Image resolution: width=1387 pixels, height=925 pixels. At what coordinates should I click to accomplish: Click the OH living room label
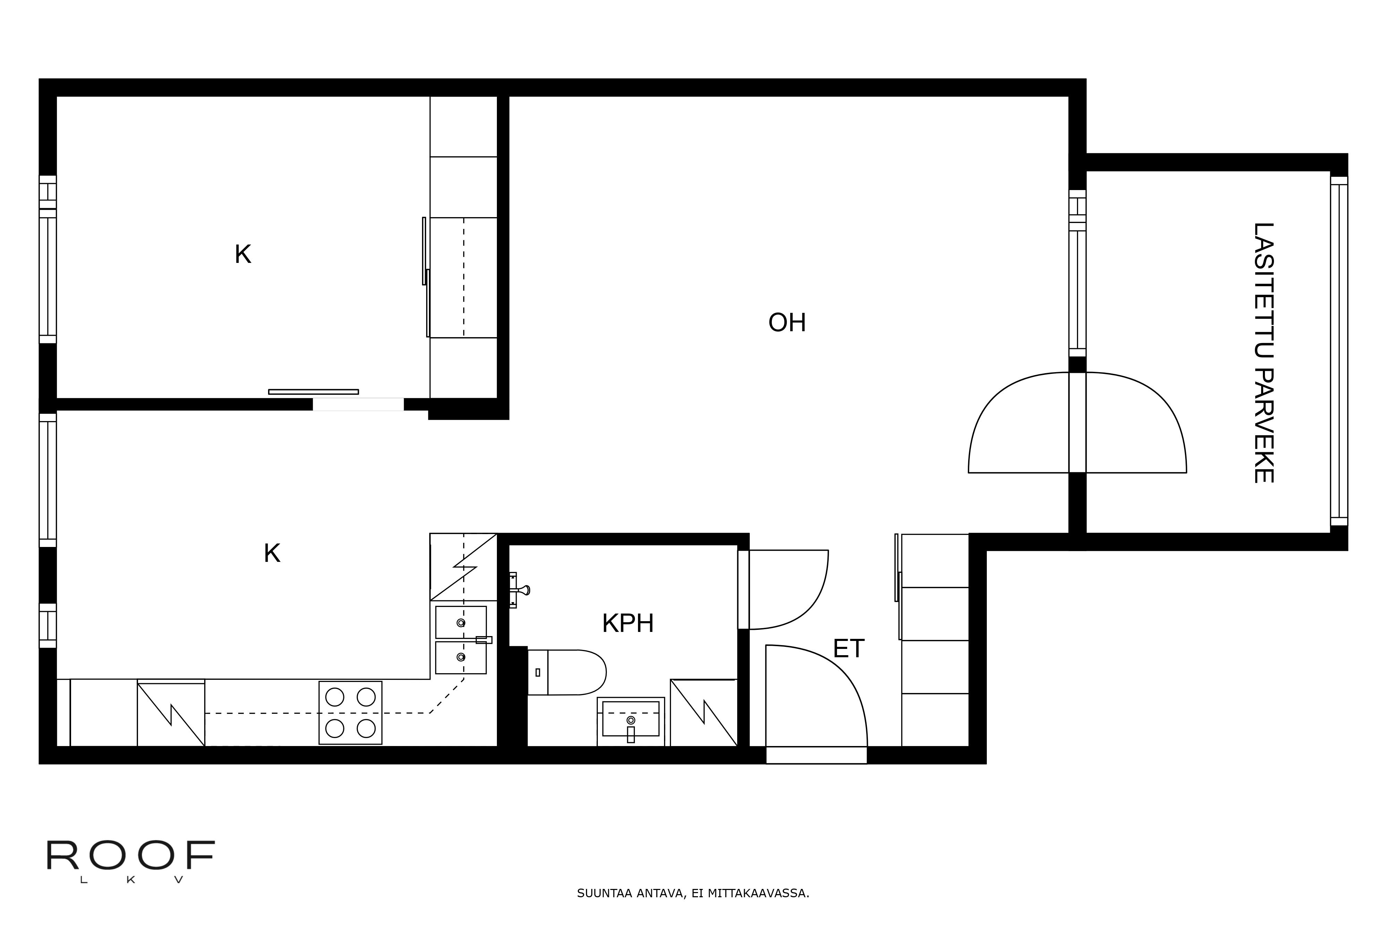click(x=787, y=323)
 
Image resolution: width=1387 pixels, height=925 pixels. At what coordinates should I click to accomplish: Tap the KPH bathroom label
click(x=628, y=624)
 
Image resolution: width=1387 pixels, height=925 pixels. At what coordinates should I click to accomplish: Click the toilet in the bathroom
click(x=567, y=673)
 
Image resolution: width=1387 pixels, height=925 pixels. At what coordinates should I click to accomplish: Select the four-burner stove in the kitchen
click(x=350, y=713)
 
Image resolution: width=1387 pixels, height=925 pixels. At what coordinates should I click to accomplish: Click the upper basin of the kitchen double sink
click(x=460, y=622)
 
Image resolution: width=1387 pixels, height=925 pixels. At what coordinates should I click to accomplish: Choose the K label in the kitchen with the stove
click(x=272, y=553)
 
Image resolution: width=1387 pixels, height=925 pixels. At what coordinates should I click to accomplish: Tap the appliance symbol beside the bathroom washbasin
click(x=704, y=713)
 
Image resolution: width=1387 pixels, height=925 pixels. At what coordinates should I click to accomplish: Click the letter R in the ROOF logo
click(x=62, y=855)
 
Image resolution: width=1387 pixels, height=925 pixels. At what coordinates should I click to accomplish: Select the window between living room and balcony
click(x=1077, y=273)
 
